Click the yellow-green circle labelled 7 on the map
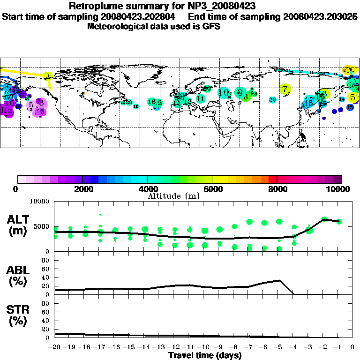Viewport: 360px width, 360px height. point(285,89)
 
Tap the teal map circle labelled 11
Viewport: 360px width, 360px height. point(200,98)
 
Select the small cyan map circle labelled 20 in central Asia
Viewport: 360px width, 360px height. point(272,99)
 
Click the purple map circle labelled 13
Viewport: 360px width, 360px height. point(7,111)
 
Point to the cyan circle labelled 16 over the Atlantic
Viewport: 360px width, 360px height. point(151,102)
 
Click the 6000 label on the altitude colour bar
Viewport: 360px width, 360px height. point(212,189)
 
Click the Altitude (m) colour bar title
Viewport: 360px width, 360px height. point(173,196)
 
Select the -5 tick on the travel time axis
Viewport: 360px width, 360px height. point(279,348)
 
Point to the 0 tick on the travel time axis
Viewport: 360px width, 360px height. point(352,348)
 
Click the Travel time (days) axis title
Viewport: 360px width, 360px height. point(205,356)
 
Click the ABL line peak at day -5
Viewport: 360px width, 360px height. point(279,280)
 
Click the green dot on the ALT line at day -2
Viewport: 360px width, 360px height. point(324,219)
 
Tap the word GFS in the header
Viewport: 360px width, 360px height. point(211,26)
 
